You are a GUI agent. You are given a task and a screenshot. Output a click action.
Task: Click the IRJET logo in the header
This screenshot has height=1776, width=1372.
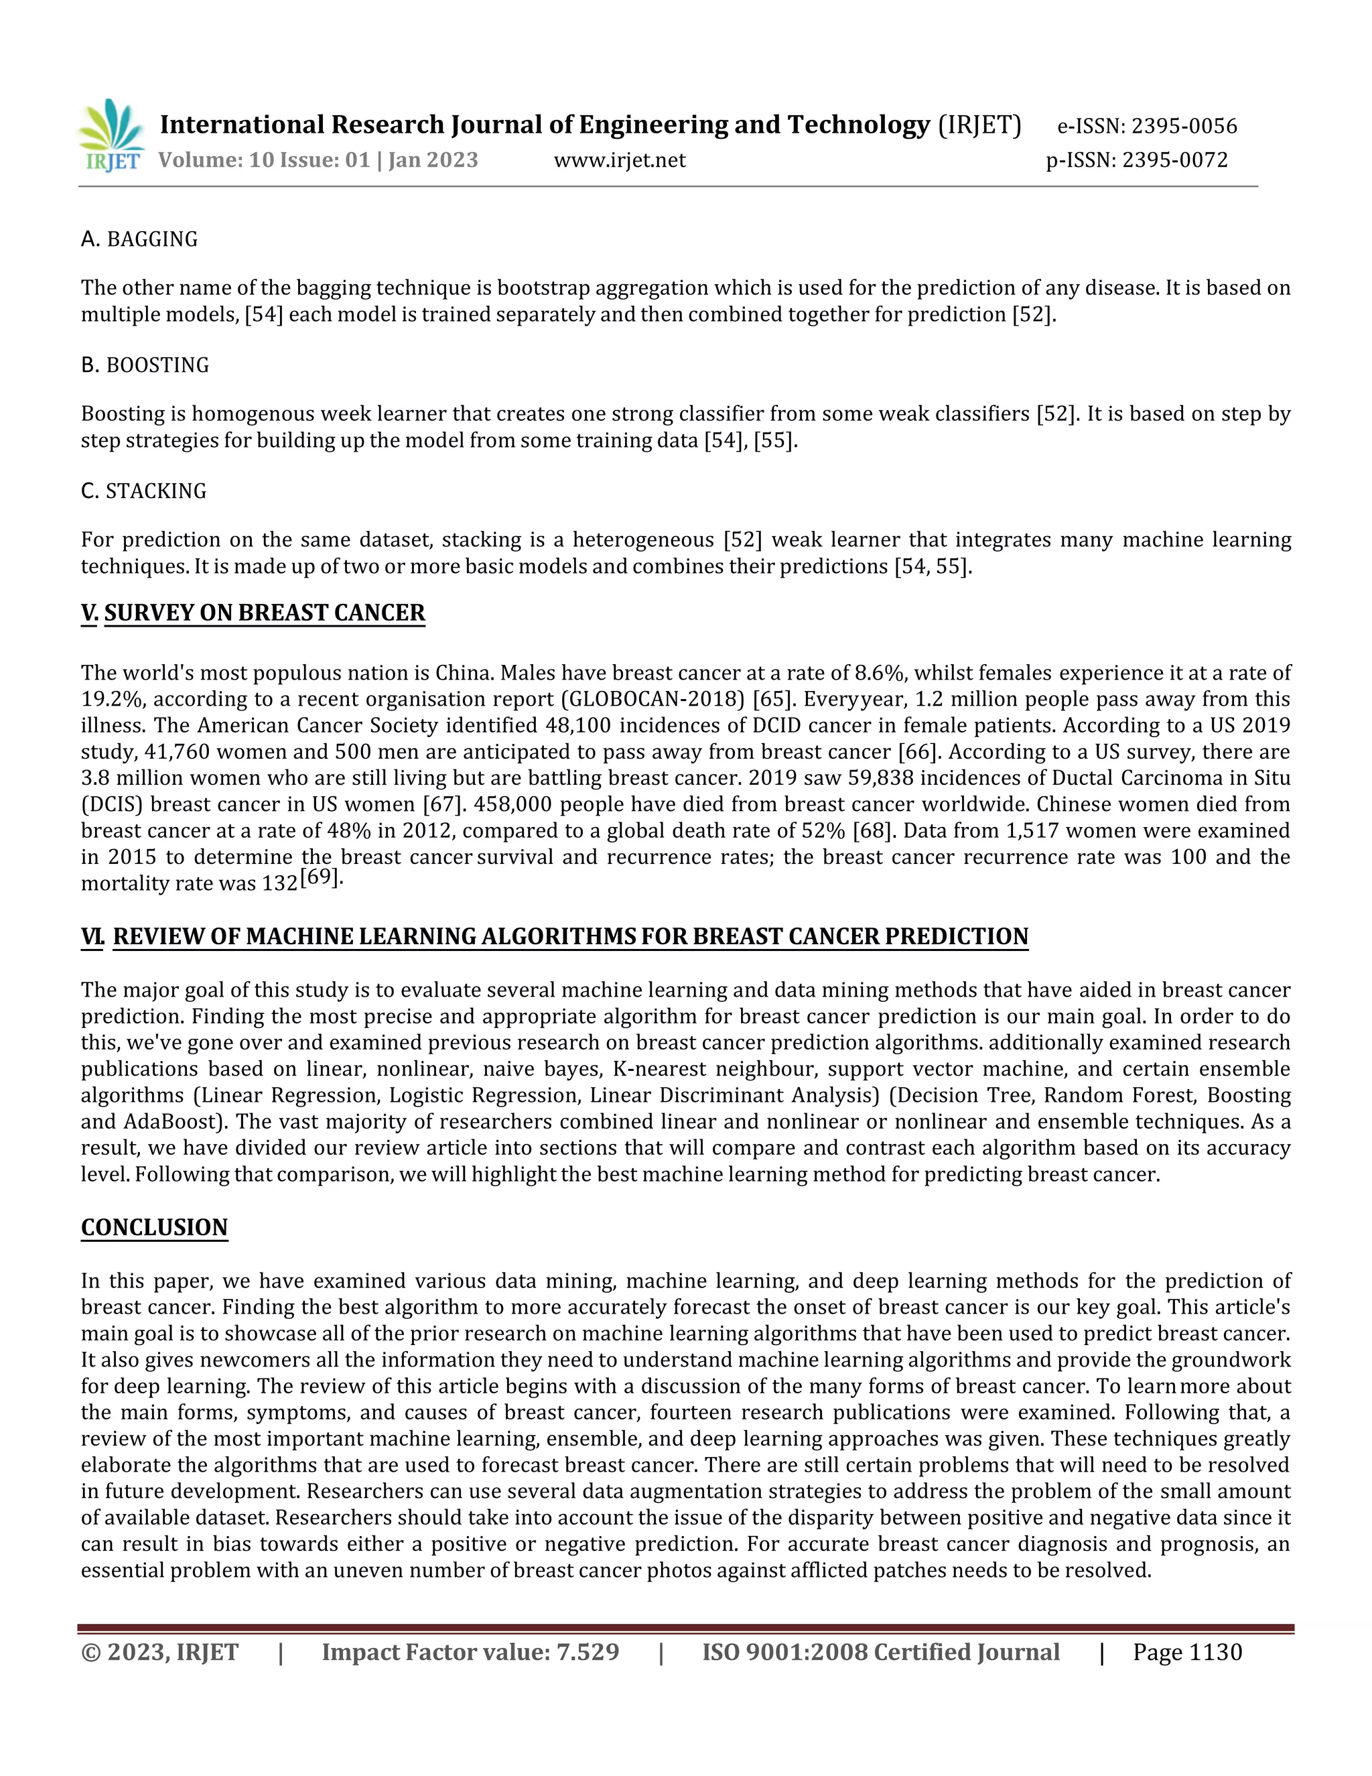(x=111, y=136)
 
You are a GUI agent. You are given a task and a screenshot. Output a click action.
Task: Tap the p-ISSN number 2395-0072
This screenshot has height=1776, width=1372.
(x=1174, y=160)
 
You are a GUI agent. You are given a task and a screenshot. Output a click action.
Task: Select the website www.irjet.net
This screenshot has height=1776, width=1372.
(x=620, y=160)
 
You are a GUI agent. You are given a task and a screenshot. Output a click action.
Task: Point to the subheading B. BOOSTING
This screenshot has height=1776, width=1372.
(x=145, y=365)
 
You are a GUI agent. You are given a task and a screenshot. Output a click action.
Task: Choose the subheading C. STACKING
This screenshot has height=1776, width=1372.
(x=143, y=491)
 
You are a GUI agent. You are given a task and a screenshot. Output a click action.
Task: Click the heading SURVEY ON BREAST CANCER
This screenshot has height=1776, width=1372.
(x=264, y=613)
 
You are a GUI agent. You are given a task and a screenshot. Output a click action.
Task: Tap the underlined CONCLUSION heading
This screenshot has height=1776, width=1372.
(x=155, y=1228)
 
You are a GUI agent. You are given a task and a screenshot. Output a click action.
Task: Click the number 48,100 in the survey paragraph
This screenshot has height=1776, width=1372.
(x=578, y=725)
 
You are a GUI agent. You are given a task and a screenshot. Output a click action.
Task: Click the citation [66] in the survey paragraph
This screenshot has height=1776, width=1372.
(x=918, y=752)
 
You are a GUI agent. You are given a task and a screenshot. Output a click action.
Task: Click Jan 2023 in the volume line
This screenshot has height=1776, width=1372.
(x=433, y=160)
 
